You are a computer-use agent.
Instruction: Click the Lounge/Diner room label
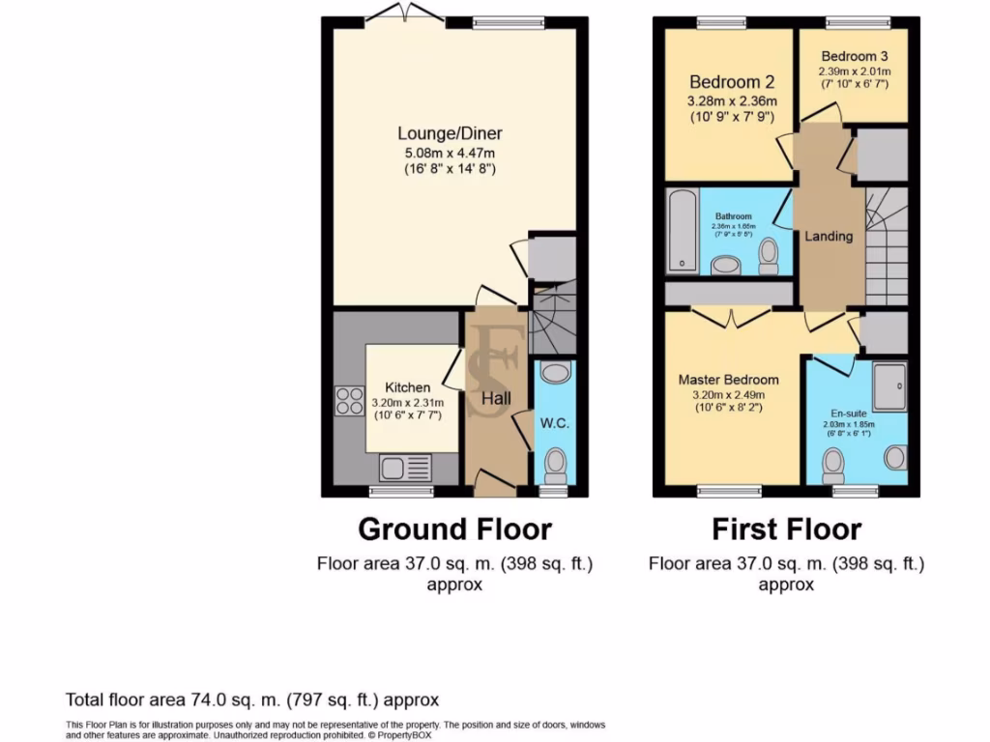pos(451,133)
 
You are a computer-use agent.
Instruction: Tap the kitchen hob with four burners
pos(349,400)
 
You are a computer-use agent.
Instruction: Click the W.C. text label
pos(554,422)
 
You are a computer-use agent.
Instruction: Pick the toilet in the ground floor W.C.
pos(555,464)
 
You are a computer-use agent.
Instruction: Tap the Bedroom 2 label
pos(732,82)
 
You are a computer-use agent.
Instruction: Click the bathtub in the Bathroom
pos(682,231)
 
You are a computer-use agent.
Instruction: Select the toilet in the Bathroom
pos(769,254)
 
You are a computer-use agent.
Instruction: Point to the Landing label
pos(830,236)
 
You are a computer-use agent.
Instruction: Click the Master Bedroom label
pos(728,379)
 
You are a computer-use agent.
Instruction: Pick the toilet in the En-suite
pos(833,468)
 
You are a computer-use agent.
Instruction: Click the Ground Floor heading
pos(454,529)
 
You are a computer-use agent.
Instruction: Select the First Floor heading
pos(786,529)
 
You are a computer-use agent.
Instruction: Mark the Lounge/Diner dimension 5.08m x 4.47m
pos(451,153)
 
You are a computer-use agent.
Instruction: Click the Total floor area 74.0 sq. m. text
pos(252,699)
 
